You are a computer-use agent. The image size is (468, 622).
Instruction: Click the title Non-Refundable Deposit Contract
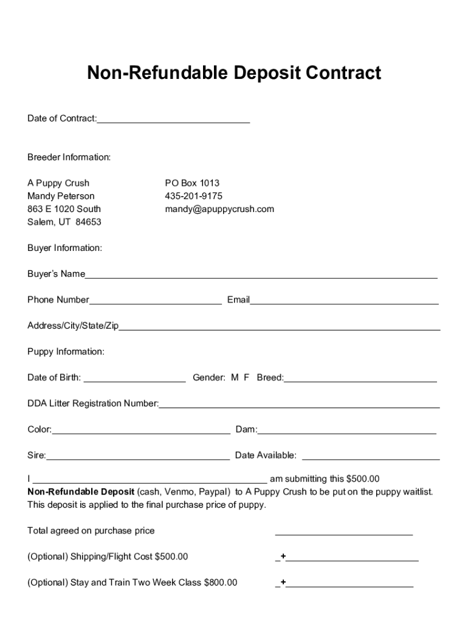pyautogui.click(x=234, y=73)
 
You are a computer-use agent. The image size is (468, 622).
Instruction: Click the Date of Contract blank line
pyautogui.click(x=173, y=120)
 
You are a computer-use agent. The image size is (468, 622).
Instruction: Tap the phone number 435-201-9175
pyautogui.click(x=193, y=196)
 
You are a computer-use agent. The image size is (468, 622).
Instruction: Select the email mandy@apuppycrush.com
pyautogui.click(x=219, y=209)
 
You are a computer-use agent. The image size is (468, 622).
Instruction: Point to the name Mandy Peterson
pyautogui.click(x=61, y=196)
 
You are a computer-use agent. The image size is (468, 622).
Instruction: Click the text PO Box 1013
pyautogui.click(x=192, y=183)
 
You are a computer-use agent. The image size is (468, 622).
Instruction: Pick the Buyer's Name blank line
pyautogui.click(x=261, y=276)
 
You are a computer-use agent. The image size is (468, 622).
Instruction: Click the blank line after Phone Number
pyautogui.click(x=156, y=301)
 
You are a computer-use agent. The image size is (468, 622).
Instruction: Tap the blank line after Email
pyautogui.click(x=345, y=301)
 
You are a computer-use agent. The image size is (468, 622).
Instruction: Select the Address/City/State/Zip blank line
pyautogui.click(x=280, y=328)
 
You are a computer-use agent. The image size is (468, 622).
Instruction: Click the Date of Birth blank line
pyautogui.click(x=134, y=380)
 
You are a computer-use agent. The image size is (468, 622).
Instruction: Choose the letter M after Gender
pyautogui.click(x=235, y=378)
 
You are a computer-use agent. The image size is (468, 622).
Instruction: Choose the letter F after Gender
pyautogui.click(x=247, y=378)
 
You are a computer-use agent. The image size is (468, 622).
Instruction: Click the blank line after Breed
pyautogui.click(x=360, y=380)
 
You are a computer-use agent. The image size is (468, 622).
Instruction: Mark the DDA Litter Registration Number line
pyautogui.click(x=299, y=406)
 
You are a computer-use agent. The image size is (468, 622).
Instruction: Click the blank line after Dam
pyautogui.click(x=346, y=432)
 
